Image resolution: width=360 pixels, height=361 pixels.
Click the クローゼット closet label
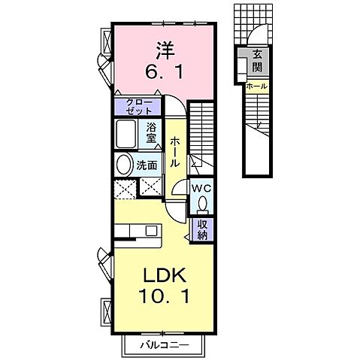click(x=137, y=106)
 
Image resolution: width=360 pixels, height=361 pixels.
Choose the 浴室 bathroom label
click(x=153, y=132)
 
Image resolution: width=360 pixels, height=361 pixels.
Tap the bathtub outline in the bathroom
click(x=128, y=135)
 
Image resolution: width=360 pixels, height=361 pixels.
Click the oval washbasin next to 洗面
click(x=123, y=165)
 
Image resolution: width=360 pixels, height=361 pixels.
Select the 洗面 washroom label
click(x=145, y=165)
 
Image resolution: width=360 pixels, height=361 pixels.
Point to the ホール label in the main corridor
click(x=174, y=151)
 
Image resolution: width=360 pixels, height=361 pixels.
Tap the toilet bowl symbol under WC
click(x=201, y=202)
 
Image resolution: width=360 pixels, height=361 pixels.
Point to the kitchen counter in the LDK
click(x=140, y=230)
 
